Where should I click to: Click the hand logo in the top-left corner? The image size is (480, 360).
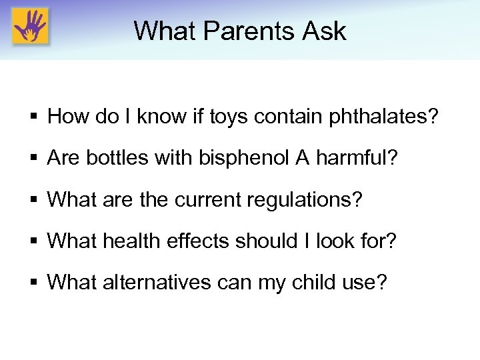click(31, 27)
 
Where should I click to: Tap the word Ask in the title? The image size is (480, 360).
click(324, 31)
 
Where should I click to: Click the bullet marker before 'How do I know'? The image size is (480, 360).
click(32, 118)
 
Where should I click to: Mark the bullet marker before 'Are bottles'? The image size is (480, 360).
click(32, 159)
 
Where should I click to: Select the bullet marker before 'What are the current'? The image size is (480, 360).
click(32, 200)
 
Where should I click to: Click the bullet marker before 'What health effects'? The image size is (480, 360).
click(32, 241)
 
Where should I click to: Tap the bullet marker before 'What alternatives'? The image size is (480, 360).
click(32, 283)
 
